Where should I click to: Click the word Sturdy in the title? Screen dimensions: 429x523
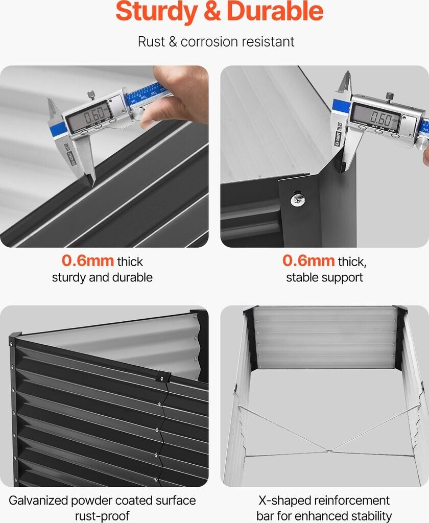click(x=156, y=12)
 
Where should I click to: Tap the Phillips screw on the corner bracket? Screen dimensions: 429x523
click(x=298, y=199)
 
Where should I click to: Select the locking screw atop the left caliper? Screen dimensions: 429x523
click(x=91, y=96)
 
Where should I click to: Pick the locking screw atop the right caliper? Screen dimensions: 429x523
click(x=390, y=97)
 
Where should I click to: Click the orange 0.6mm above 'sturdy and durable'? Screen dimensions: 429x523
click(x=88, y=260)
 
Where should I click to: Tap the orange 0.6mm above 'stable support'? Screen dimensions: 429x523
click(x=308, y=260)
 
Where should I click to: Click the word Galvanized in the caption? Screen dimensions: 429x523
click(x=38, y=501)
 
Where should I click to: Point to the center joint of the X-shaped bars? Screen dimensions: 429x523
click(x=328, y=451)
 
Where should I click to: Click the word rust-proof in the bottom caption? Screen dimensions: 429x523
click(x=102, y=516)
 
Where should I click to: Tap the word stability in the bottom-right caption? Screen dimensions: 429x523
click(x=371, y=516)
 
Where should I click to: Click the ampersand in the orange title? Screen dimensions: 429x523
click(x=212, y=12)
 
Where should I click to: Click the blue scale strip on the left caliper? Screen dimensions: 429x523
click(x=147, y=94)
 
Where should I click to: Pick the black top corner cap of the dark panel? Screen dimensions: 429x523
click(x=16, y=336)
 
